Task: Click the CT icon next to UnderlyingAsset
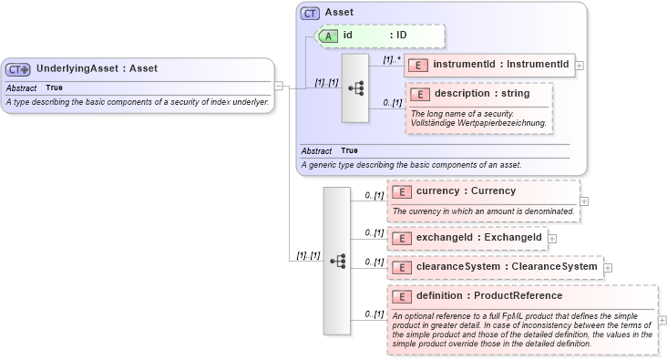point(18,68)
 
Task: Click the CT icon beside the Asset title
point(311,13)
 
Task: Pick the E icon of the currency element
point(402,191)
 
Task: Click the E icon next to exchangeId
point(402,238)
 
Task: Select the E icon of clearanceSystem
point(402,267)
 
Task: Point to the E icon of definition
point(402,296)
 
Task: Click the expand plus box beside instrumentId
point(580,66)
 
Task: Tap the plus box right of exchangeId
point(552,239)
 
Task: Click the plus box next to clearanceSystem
point(608,268)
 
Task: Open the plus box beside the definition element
point(662,320)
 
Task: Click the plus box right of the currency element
point(584,201)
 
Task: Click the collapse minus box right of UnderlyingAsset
point(279,87)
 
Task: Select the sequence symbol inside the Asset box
point(355,87)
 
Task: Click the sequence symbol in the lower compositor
point(337,261)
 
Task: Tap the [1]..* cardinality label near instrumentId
point(392,59)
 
